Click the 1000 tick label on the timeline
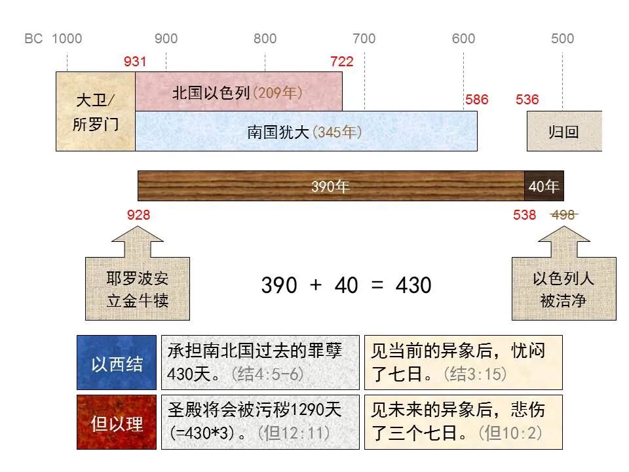(x=67, y=39)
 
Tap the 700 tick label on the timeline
(x=364, y=39)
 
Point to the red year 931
(x=135, y=62)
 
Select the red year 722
(x=342, y=62)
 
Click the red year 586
(x=477, y=100)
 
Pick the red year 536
(x=527, y=100)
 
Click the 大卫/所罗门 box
(x=96, y=111)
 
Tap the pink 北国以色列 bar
(x=238, y=92)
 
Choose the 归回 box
(x=564, y=131)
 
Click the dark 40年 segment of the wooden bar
(x=544, y=187)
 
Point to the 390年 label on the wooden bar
(x=330, y=187)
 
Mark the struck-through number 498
(x=563, y=214)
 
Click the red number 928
(x=138, y=214)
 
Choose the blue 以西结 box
(x=117, y=363)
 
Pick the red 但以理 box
(x=117, y=423)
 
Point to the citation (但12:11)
(x=294, y=433)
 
